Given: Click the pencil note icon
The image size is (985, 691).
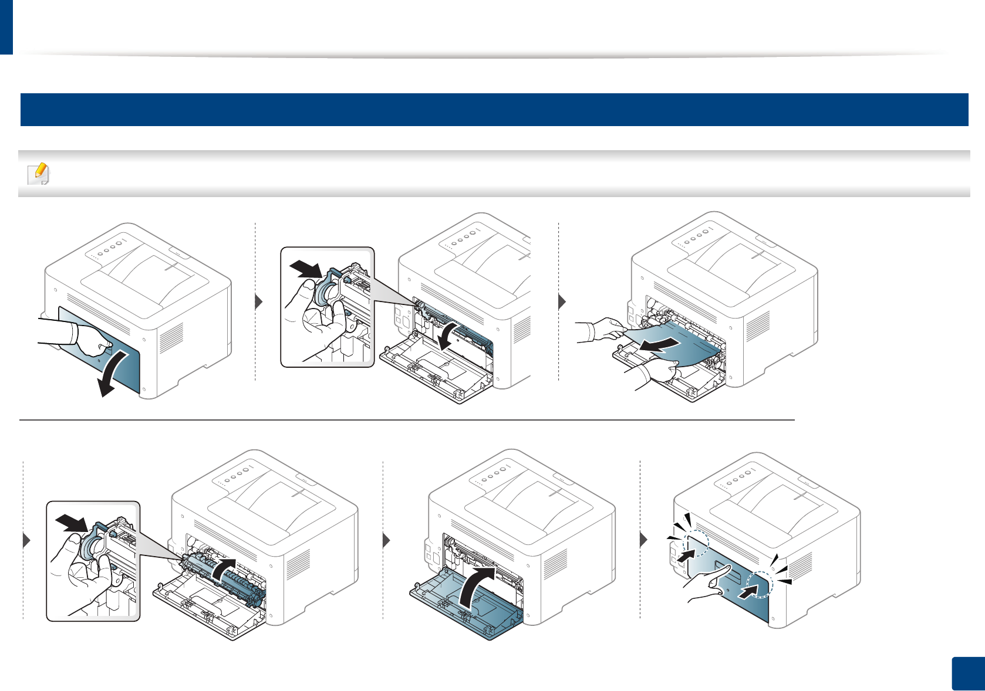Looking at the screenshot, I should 39,174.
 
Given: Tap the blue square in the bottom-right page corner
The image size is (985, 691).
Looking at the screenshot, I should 967,674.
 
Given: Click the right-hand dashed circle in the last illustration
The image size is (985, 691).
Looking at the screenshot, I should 760,584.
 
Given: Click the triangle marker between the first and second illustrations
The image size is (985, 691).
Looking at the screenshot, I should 259,303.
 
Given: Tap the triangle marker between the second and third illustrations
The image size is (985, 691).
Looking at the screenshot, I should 562,303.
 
